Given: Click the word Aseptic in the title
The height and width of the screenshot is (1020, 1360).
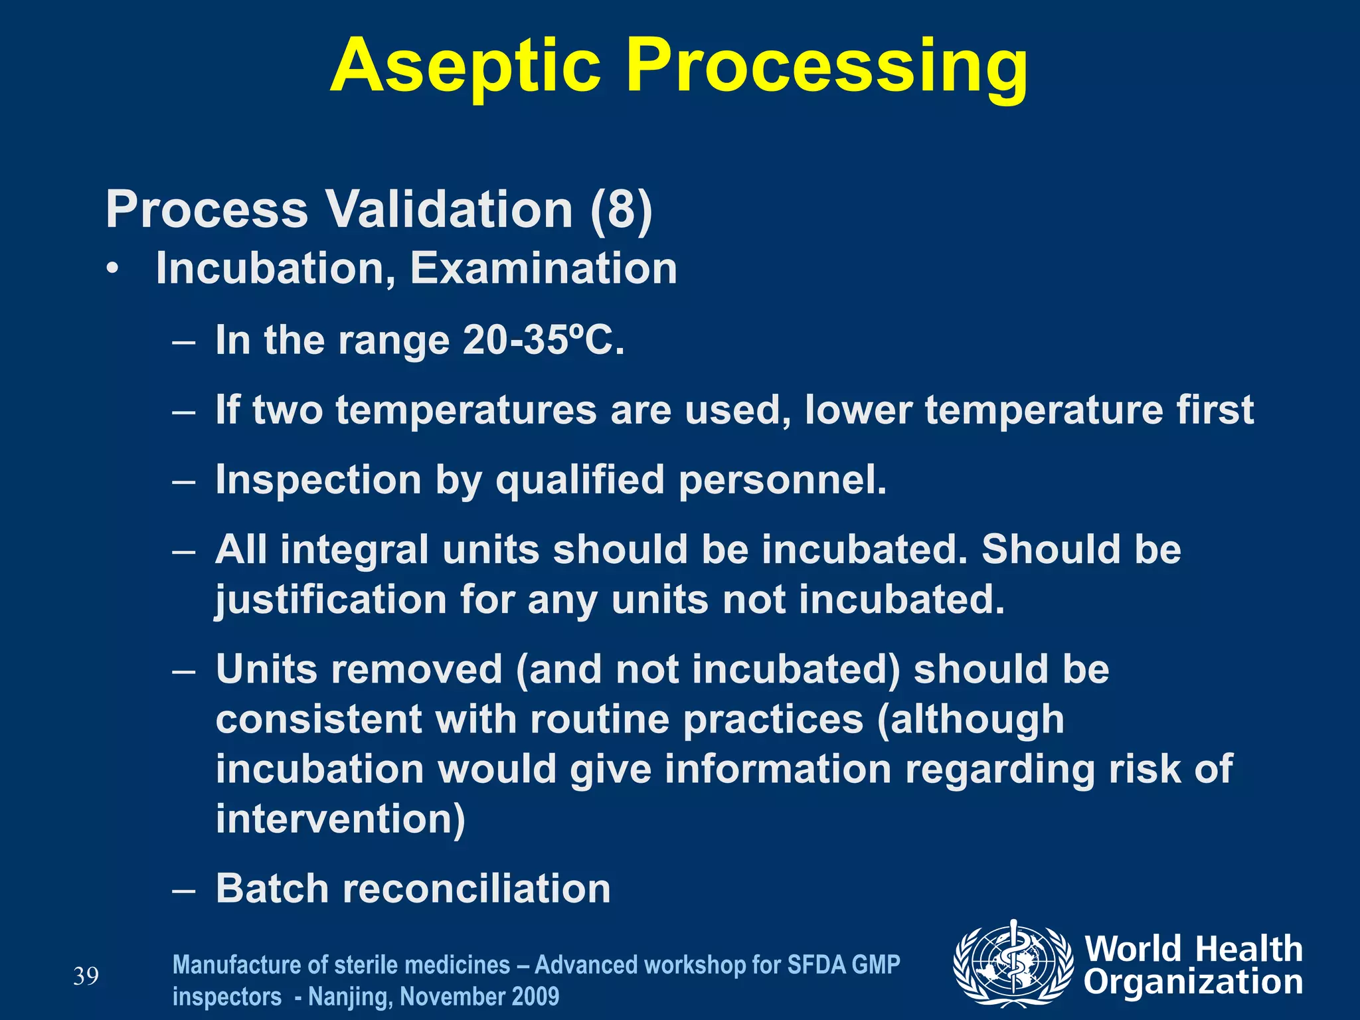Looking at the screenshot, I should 465,66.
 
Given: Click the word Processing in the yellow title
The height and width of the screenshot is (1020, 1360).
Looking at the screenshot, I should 827,66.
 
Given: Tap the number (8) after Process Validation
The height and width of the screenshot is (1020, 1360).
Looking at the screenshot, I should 621,210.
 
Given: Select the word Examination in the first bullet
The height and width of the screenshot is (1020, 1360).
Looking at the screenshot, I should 543,269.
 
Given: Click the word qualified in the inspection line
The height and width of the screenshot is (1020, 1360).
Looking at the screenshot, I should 580,480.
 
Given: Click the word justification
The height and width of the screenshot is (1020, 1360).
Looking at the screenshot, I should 331,600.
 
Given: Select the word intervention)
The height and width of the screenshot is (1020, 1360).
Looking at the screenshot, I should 341,819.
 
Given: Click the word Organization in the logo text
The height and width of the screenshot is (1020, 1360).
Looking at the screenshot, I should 1193,983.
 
